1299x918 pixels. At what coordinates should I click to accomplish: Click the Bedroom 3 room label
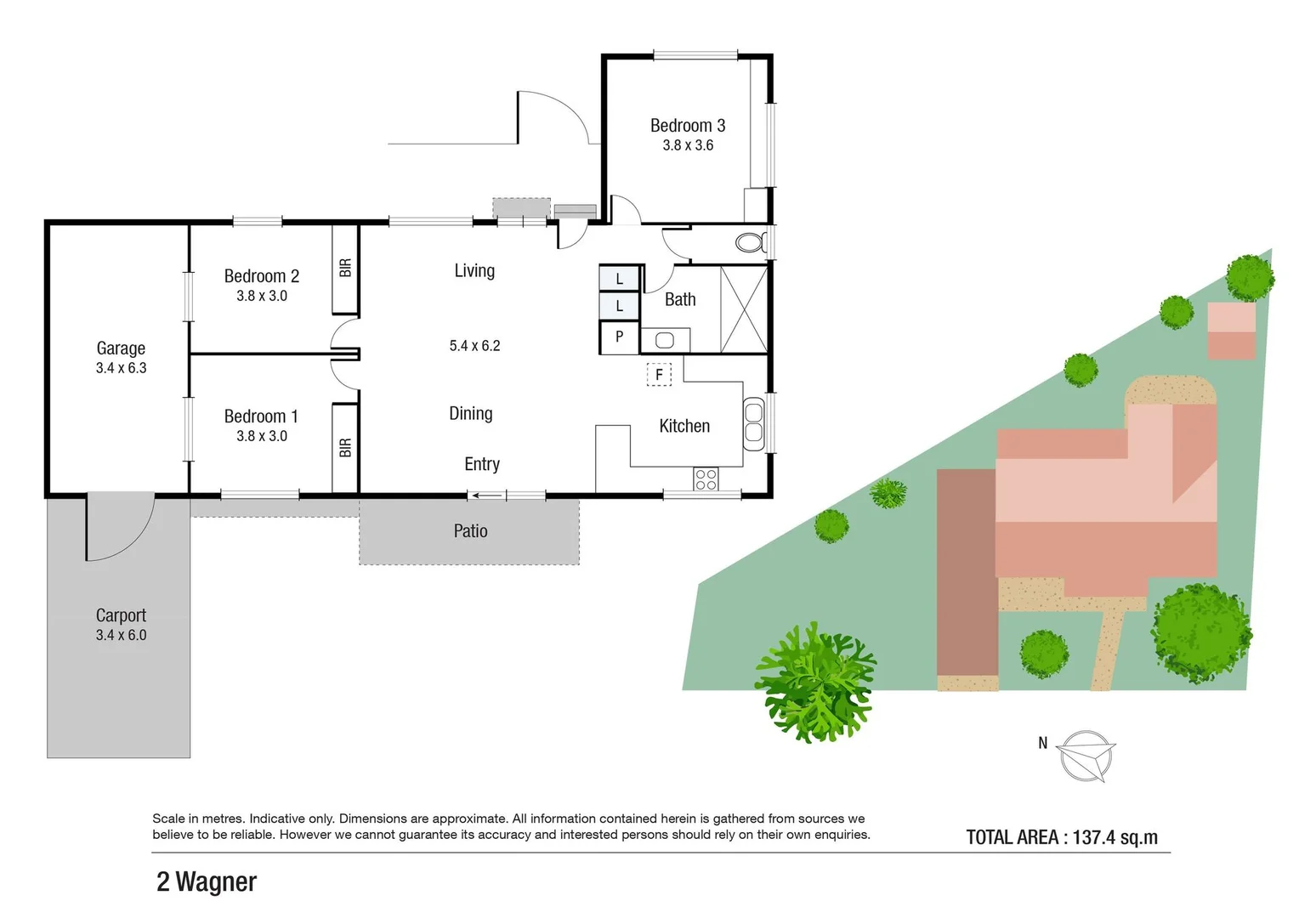coord(687,126)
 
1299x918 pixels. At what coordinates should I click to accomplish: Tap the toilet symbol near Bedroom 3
coord(750,243)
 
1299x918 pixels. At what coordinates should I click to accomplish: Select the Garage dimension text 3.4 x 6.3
coord(121,368)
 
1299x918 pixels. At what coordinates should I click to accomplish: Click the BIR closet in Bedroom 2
coord(344,269)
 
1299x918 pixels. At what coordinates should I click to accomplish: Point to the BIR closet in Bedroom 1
coord(344,447)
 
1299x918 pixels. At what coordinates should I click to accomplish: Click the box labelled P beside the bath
coord(619,337)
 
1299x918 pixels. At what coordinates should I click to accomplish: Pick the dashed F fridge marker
coord(659,374)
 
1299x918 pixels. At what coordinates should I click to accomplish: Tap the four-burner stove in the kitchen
coord(706,479)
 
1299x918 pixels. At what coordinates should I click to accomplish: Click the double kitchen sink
coord(753,422)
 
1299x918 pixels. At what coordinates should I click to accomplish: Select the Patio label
coord(470,531)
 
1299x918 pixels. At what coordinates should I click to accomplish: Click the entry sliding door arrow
coord(485,496)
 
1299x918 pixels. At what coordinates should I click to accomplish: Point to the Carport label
coord(121,615)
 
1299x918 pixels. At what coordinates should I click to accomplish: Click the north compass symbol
coord(1086,755)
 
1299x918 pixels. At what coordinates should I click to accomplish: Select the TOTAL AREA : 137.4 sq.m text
coord(1062,837)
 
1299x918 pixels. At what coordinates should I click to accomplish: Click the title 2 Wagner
coord(207,882)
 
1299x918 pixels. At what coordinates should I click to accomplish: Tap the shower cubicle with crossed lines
coord(744,309)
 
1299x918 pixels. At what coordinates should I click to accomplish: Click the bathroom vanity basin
coord(664,341)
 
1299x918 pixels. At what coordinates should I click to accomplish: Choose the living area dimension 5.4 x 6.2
coord(474,346)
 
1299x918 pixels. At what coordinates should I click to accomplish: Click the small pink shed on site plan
coord(1231,331)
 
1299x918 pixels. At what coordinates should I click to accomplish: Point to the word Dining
coord(470,414)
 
